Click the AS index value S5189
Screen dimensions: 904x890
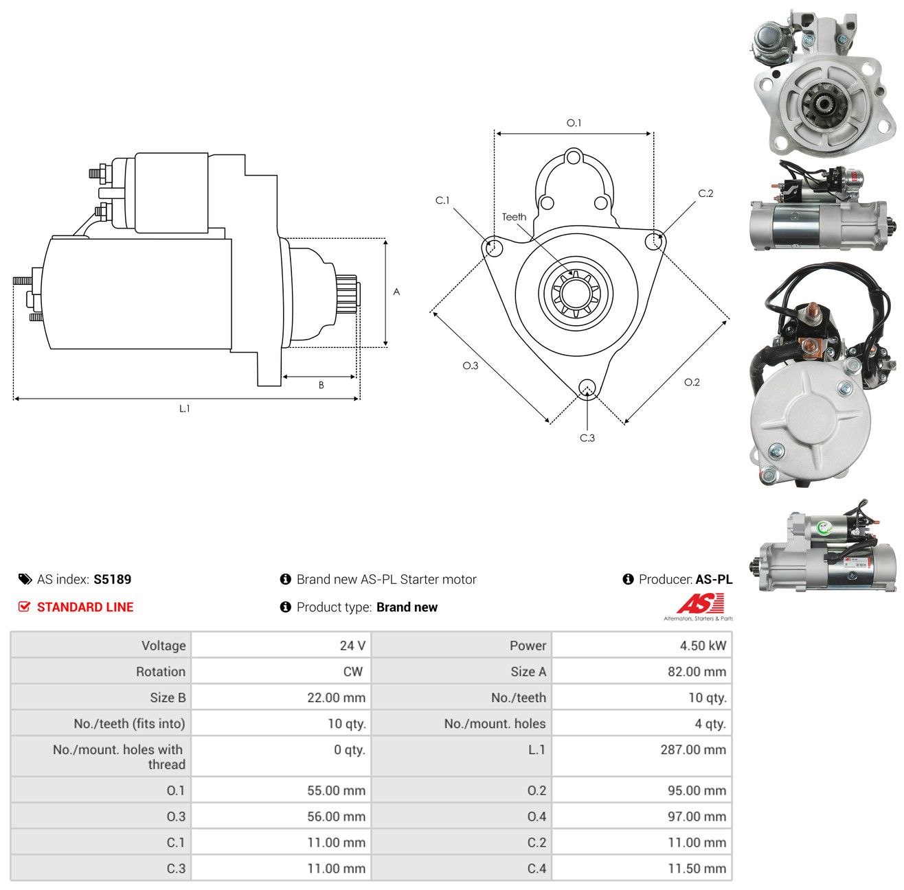click(112, 579)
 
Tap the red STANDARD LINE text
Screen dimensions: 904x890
click(85, 607)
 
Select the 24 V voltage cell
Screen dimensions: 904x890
click(281, 645)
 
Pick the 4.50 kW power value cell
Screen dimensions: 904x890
click(642, 645)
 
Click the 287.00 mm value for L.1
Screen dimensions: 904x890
click(693, 749)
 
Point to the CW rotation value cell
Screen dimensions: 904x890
click(281, 671)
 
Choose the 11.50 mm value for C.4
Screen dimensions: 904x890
click(697, 868)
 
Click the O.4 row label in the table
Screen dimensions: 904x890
click(536, 816)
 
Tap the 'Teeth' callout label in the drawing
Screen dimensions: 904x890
click(514, 217)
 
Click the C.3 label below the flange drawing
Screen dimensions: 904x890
click(587, 438)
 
